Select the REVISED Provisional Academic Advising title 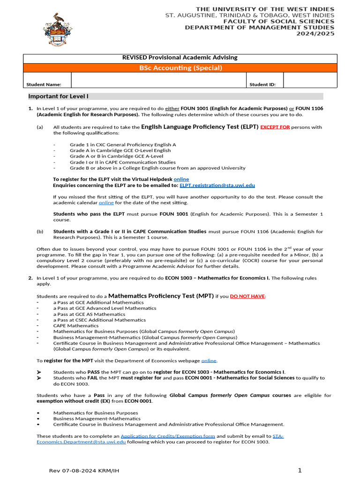coord(180,58)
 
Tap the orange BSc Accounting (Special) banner coord(180,68)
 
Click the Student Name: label coord(44,84)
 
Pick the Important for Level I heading coord(58,96)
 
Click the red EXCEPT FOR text coord(275,127)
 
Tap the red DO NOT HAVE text coord(247,296)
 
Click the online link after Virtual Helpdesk coord(181,179)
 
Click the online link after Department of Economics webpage coord(209,360)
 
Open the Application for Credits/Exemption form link coord(168,436)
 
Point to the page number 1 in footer coord(300,470)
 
